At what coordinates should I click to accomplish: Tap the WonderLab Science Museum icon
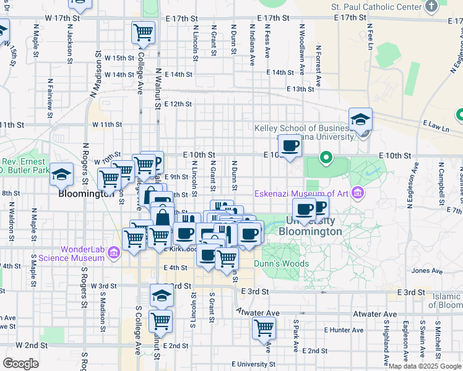tap(113, 252)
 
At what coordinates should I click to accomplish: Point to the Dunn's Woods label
tap(285, 263)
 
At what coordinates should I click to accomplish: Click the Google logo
tap(20, 364)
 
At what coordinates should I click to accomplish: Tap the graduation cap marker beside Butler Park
tap(62, 175)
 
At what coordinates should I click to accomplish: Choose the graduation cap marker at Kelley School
tap(360, 119)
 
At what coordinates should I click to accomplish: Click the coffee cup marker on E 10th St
tap(290, 146)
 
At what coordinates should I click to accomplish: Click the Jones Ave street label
tap(427, 270)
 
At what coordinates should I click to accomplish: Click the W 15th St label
tap(119, 58)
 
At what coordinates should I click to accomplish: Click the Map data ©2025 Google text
tap(425, 365)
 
